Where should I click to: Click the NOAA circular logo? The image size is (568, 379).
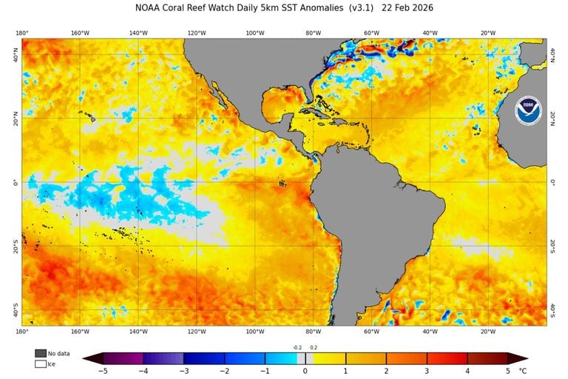528,111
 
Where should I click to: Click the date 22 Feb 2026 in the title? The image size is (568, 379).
406,8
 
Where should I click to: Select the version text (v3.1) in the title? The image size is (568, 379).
354,8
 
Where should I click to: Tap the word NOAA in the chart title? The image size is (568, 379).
150,8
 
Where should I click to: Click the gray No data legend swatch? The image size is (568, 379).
40,353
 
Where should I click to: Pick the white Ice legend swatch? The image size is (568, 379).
40,363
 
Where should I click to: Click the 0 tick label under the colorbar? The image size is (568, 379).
305,371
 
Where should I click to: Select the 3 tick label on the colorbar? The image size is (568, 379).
426,371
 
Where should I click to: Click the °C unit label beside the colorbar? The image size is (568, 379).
524,371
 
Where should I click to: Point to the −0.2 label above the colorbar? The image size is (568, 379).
297,347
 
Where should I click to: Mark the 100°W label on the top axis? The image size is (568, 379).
254,33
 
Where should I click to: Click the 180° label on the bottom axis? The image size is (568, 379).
22,332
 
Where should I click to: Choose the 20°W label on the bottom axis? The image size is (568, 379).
487,332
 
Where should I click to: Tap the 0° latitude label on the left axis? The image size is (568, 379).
16,182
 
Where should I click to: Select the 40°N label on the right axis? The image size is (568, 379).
554,54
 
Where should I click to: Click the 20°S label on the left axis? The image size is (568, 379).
14,246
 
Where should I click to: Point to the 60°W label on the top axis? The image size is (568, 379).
371,33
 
